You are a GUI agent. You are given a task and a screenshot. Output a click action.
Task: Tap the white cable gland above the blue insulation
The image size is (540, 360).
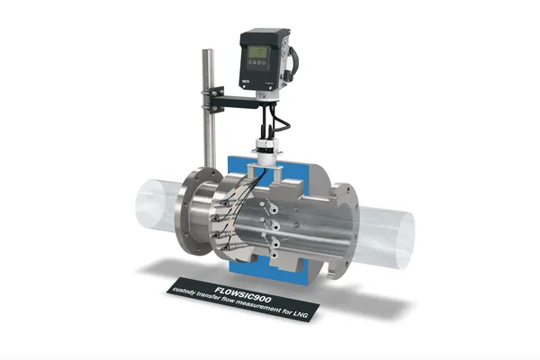265,148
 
